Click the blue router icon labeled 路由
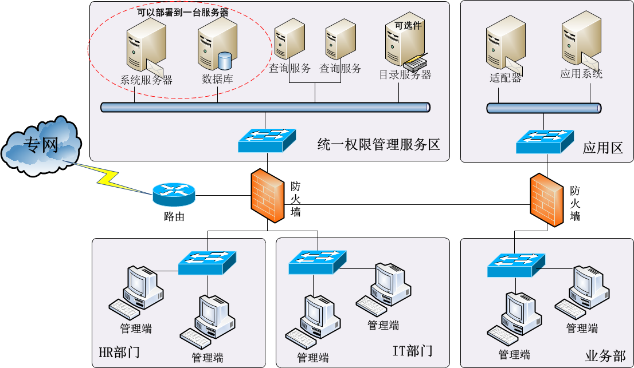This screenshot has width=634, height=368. (x=174, y=195)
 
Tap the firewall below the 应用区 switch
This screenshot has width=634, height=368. (x=546, y=200)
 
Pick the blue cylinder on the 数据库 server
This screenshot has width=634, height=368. (x=225, y=60)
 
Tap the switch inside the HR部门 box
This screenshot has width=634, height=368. (x=208, y=262)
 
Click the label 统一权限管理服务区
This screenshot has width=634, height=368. (x=378, y=145)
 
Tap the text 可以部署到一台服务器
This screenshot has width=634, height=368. (x=182, y=11)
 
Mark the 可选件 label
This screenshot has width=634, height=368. (x=408, y=25)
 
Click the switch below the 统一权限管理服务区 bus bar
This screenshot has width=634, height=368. (x=267, y=140)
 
